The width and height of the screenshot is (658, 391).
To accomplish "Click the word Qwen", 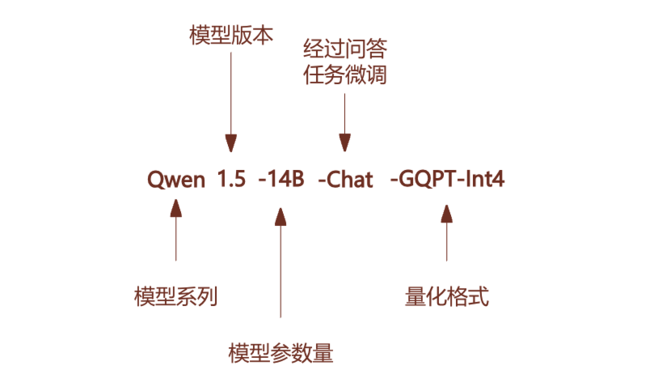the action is [176, 180].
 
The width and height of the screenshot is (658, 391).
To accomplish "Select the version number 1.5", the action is [230, 180].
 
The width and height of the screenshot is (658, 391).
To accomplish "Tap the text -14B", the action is [280, 180].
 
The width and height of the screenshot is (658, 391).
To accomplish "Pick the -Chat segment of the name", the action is [345, 180].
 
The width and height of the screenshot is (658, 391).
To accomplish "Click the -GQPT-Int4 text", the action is [447, 180].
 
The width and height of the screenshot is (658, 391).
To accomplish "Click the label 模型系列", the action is [175, 296].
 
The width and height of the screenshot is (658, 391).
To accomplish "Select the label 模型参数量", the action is [280, 354].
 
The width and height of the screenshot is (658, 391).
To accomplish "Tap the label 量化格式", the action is [446, 296].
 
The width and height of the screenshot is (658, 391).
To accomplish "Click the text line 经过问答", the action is [345, 50].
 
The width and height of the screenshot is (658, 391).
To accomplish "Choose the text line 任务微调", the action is [345, 76].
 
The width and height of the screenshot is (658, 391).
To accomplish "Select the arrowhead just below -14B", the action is [280, 215].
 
